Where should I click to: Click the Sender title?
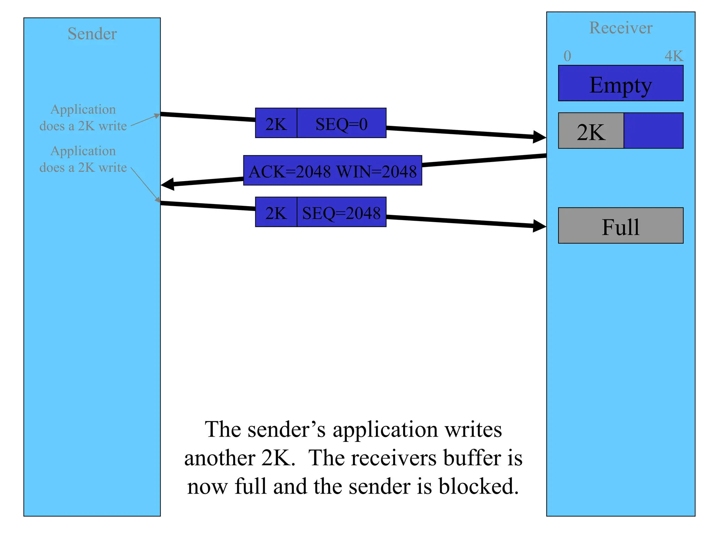coord(92,34)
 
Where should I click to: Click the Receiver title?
coord(621,28)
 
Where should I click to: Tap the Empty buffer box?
coord(621,83)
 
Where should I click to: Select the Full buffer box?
coord(621,226)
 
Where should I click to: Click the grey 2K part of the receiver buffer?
coord(591,131)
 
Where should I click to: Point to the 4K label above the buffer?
coord(674,56)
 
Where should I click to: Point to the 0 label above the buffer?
coord(567,56)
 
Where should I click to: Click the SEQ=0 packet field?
coord(342,123)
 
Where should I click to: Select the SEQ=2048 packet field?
coord(342,212)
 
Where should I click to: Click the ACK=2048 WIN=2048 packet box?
coord(332,171)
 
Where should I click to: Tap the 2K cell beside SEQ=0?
coord(276,123)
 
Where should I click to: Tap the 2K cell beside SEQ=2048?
coord(276,212)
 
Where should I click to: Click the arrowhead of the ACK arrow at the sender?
coord(168,184)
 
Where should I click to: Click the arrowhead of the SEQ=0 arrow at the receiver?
coord(540,137)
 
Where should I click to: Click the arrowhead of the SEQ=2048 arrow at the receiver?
coord(540,226)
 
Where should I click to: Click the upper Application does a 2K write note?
coord(83,118)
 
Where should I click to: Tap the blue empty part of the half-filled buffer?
coord(653,131)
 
